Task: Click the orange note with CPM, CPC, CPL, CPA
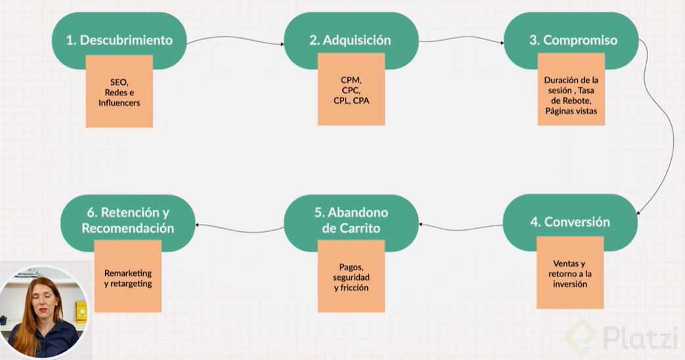click(351, 92)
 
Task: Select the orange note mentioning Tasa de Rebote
click(571, 92)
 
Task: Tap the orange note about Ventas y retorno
click(569, 276)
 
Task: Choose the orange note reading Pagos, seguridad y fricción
click(351, 279)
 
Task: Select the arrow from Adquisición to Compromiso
click(461, 39)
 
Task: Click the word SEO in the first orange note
click(119, 82)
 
